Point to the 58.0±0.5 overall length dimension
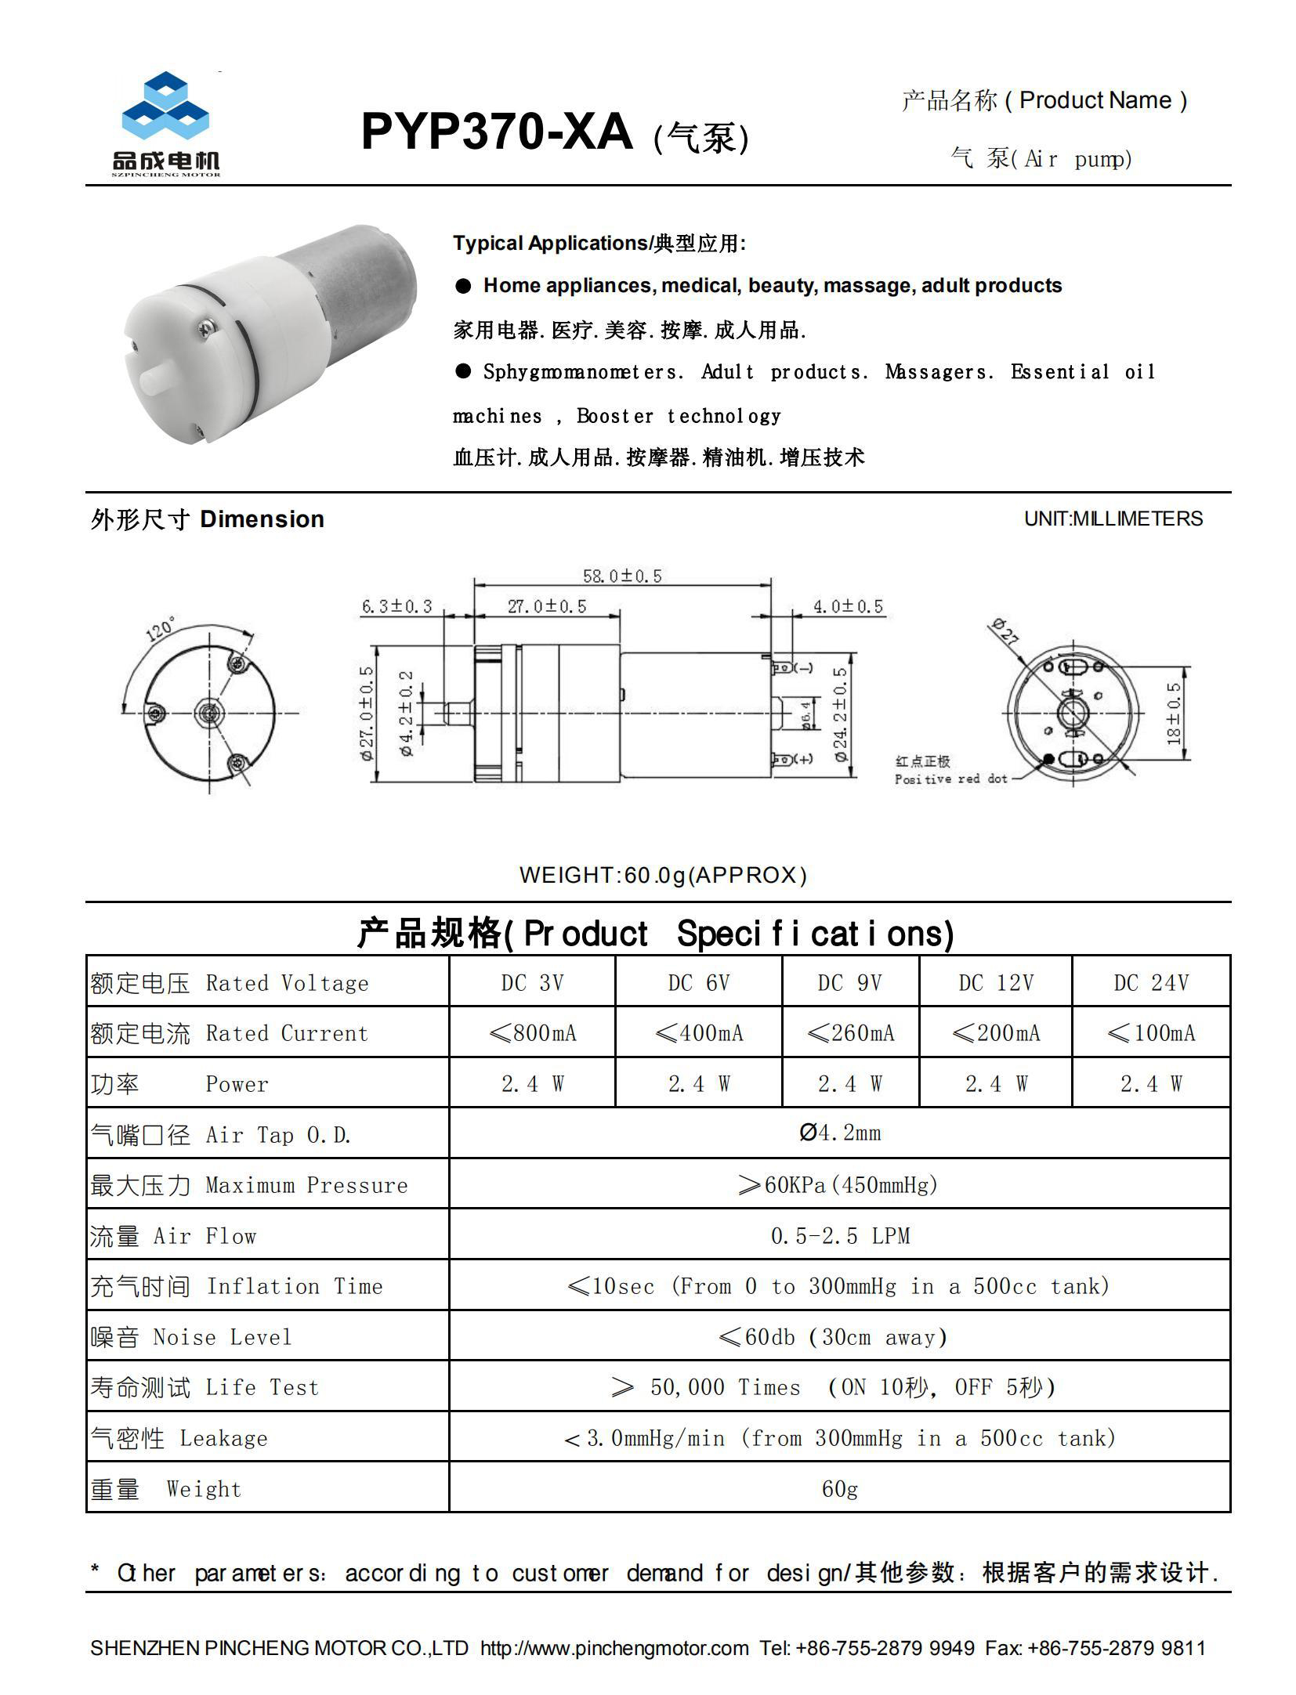621,576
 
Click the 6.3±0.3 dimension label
396,606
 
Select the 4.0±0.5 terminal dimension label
847,606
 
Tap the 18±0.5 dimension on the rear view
1173,713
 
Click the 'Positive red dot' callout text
950,779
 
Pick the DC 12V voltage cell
995,982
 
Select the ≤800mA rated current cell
532,1033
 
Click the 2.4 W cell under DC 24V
1150,1083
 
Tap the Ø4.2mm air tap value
839,1133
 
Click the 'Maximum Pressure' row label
306,1185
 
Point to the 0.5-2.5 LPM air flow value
839,1236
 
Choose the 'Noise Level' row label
222,1337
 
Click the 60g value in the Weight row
839,1488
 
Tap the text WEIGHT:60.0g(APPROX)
663,875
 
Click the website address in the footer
614,1648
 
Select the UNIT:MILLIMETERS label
1113,519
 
